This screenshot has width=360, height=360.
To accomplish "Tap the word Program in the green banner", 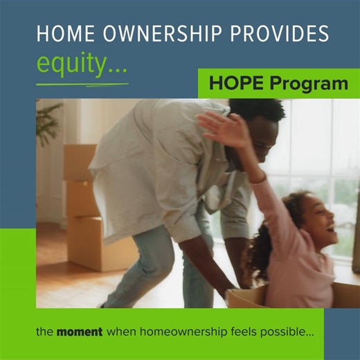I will [x=308, y=84].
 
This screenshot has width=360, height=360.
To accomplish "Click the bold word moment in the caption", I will [x=79, y=332].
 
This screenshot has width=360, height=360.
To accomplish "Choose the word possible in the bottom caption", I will [x=289, y=332].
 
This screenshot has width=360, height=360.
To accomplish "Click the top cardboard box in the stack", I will [x=80, y=162].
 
